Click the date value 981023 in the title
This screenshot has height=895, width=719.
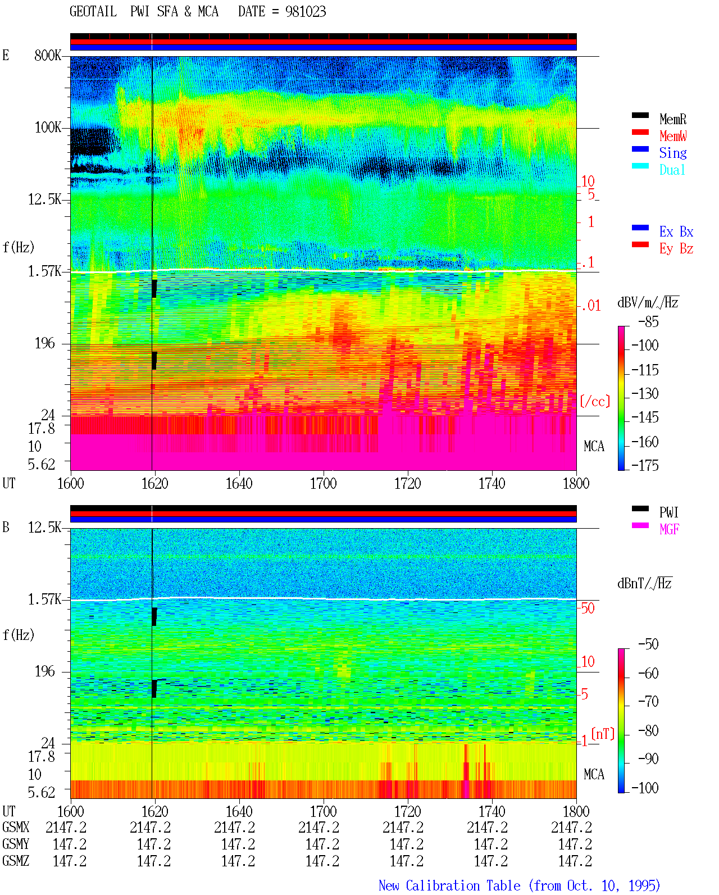[305, 12]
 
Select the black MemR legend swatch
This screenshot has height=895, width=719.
[640, 115]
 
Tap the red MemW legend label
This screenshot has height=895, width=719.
[673, 136]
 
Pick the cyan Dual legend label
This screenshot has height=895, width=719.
[672, 170]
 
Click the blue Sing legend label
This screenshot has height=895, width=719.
[672, 153]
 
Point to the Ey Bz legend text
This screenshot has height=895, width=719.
[676, 249]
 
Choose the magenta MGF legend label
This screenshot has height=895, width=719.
[669, 529]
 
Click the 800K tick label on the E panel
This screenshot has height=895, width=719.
[47, 55]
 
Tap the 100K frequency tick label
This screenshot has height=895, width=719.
[47, 128]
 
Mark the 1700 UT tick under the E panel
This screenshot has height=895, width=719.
[323, 483]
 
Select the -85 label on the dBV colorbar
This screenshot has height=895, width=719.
[648, 322]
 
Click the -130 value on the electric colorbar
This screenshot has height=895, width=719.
[645, 393]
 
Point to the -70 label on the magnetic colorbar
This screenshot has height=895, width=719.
[648, 702]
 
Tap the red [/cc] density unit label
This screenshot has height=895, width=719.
[595, 401]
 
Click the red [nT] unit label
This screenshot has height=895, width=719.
[603, 734]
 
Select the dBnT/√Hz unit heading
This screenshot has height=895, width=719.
[644, 583]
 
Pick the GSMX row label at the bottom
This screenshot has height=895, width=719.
[16, 827]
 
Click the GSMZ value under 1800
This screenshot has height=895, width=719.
[575, 861]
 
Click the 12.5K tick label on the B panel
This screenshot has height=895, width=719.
[44, 528]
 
